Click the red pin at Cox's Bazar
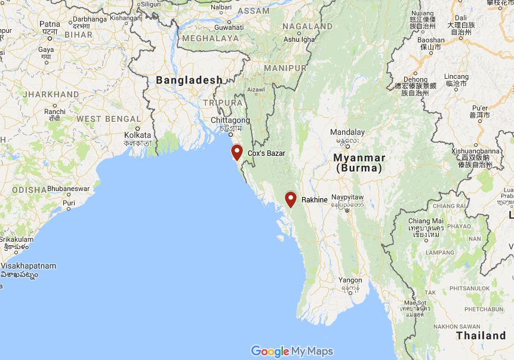click(x=237, y=152)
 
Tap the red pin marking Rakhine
click(x=291, y=199)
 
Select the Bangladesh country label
click(x=189, y=80)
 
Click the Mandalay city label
click(x=347, y=132)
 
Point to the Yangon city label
click(x=350, y=280)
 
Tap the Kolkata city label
click(x=138, y=135)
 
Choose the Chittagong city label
click(x=230, y=120)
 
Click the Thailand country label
click(x=481, y=336)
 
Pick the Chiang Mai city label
click(x=426, y=221)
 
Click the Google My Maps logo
click(x=292, y=351)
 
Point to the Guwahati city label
click(x=229, y=27)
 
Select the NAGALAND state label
click(x=308, y=26)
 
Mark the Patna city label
click(x=50, y=24)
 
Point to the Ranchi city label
click(x=55, y=111)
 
